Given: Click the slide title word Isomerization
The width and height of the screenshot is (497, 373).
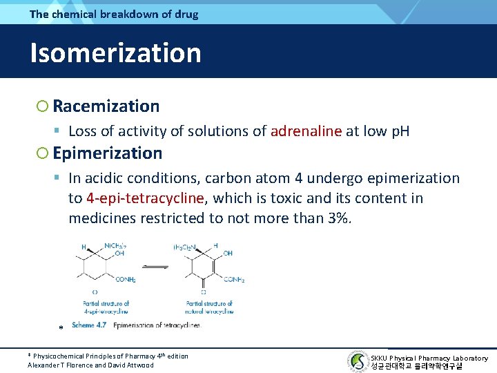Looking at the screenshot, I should pyautogui.click(x=115, y=53).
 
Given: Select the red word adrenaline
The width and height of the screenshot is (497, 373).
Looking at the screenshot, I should pyautogui.click(x=306, y=131).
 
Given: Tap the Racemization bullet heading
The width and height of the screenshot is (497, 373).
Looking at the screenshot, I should pyautogui.click(x=106, y=106).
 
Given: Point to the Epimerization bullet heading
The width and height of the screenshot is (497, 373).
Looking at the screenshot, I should pyautogui.click(x=107, y=153).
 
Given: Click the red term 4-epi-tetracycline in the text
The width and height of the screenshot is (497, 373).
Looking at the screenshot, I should pyautogui.click(x=146, y=199).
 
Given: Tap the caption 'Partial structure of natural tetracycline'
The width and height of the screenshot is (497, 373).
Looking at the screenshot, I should pyautogui.click(x=209, y=307).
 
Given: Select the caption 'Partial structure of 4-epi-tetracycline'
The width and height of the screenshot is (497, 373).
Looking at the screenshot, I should pyautogui.click(x=105, y=307).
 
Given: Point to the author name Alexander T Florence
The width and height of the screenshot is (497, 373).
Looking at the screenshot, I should pyautogui.click(x=58, y=365).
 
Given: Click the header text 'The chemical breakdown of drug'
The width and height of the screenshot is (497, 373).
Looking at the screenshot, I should pyautogui.click(x=114, y=14).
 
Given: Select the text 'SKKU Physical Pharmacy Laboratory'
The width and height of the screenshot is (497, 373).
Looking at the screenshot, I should pyautogui.click(x=429, y=358).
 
